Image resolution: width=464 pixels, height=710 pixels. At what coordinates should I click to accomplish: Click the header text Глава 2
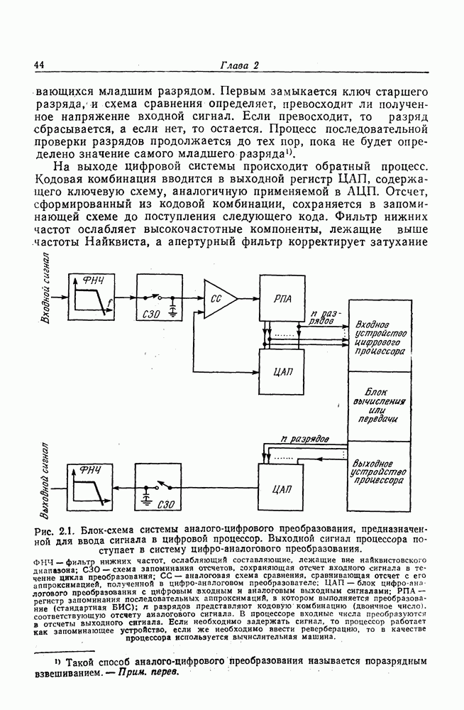[238, 66]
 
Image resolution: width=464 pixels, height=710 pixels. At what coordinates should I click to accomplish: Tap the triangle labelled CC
[219, 299]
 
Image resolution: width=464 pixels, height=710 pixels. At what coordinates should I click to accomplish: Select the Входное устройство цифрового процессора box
[380, 335]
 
